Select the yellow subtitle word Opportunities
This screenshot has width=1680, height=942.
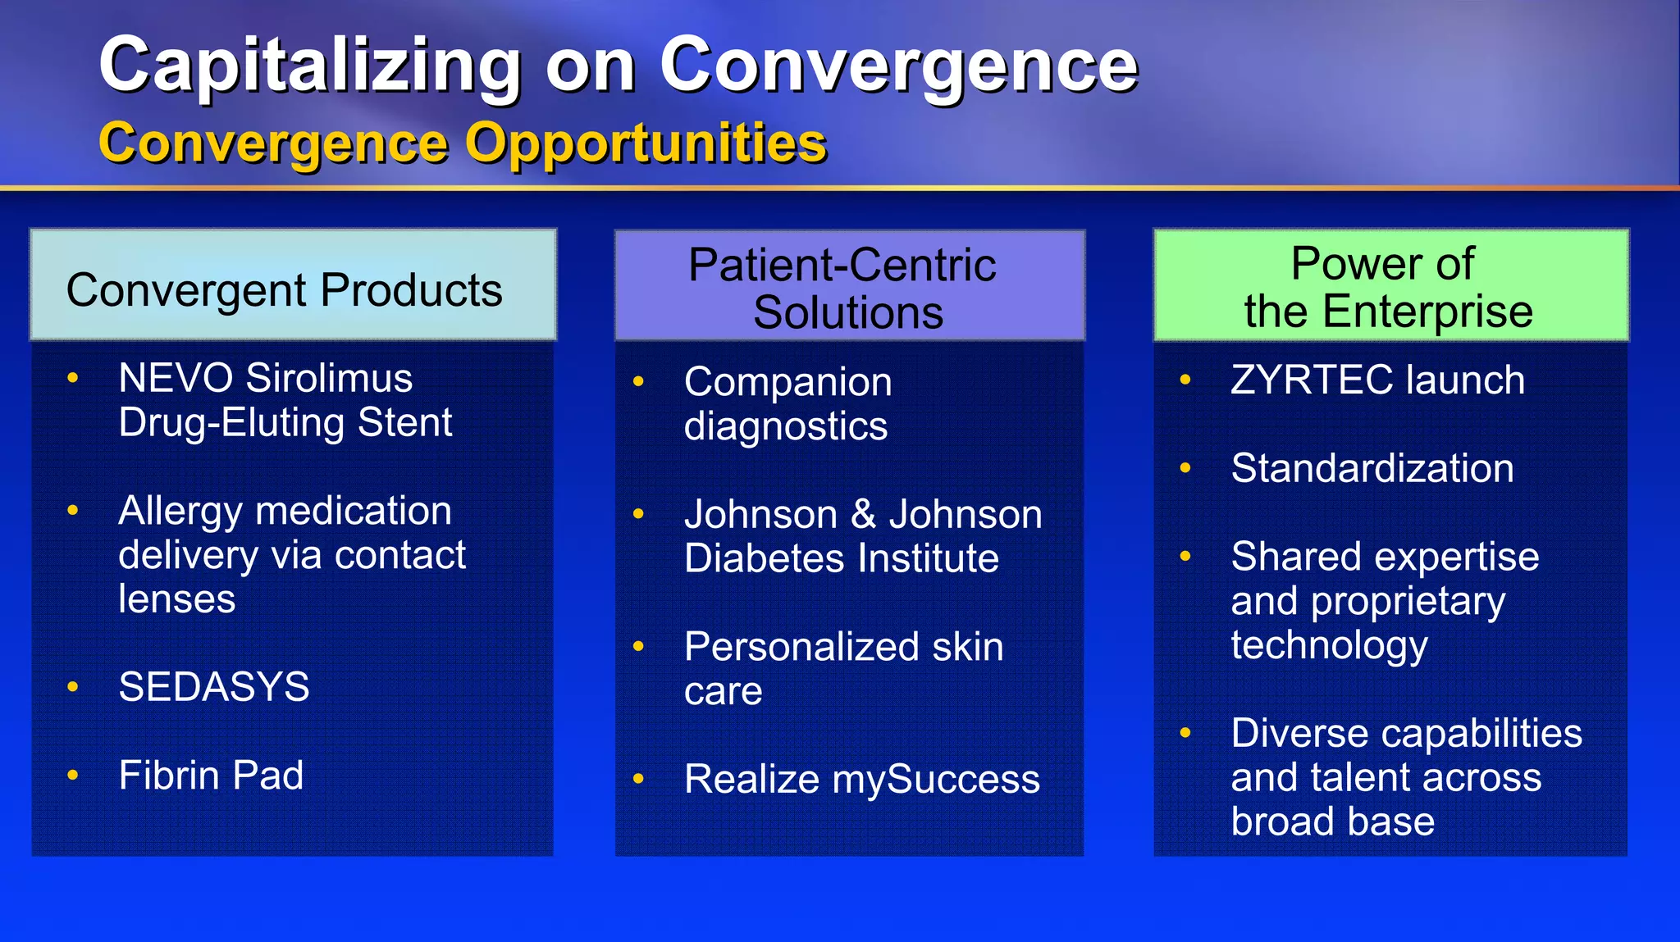[x=646, y=143]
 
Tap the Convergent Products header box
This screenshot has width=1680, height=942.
[x=293, y=285]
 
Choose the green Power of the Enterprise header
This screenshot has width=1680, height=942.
[x=1390, y=286]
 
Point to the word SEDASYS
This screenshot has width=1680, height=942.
[x=214, y=687]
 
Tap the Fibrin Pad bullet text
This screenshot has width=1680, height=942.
[x=211, y=776]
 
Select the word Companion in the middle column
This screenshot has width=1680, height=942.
[x=787, y=383]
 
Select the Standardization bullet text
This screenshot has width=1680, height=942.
[x=1372, y=469]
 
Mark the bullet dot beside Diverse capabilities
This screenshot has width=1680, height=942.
[x=1185, y=733]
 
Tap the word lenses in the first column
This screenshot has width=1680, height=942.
[x=177, y=599]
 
